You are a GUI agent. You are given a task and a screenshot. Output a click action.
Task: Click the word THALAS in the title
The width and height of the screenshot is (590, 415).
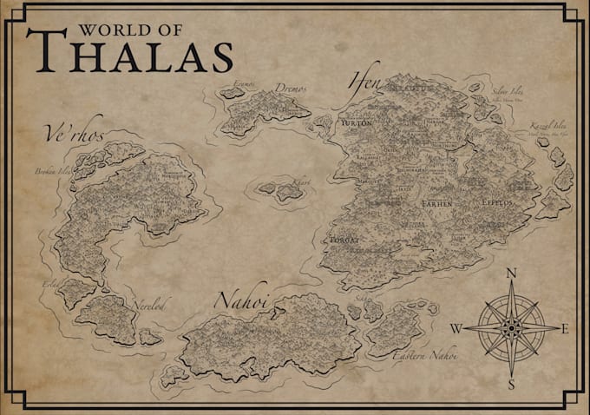point(130,55)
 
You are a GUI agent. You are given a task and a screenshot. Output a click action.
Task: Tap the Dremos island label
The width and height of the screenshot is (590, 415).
point(291,88)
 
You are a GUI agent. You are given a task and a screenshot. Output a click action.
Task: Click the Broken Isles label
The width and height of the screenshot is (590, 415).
point(51,171)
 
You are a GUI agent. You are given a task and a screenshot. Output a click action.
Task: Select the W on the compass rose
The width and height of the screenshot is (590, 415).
point(456,328)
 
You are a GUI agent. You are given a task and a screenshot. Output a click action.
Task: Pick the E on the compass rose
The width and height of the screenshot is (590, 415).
point(565,328)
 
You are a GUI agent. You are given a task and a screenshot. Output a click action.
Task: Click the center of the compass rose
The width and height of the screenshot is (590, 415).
point(511,327)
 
